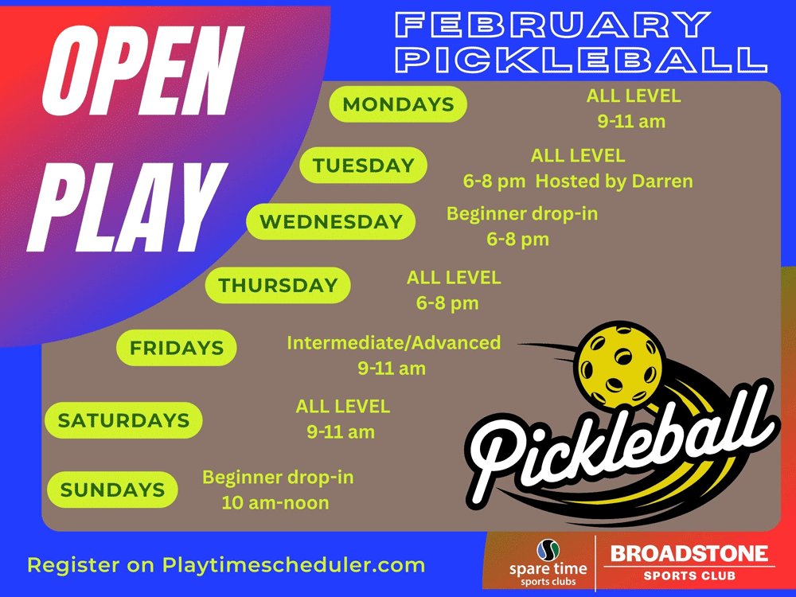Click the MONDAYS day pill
tap(398, 104)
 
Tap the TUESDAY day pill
tap(363, 165)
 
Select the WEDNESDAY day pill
tap(330, 221)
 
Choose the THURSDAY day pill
tap(278, 285)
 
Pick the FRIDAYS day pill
tap(176, 348)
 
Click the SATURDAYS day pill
tap(123, 419)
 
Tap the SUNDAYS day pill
tap(112, 490)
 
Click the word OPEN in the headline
tap(142, 71)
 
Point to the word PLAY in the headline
tap(127, 207)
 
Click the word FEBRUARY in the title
tap(552, 25)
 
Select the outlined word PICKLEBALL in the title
tap(581, 59)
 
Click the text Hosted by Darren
tap(615, 181)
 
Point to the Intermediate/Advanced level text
tap(393, 342)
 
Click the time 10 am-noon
tap(275, 502)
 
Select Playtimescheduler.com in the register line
tap(294, 565)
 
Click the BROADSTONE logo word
tap(689, 553)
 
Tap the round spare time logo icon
tap(548, 550)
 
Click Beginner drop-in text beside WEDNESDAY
tap(522, 213)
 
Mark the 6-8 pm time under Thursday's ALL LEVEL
tap(447, 303)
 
